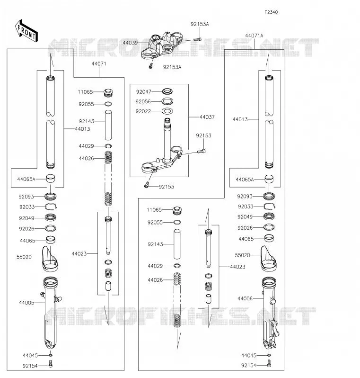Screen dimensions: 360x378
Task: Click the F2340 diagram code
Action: [x=271, y=12]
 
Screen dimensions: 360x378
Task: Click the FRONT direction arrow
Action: [x=26, y=31]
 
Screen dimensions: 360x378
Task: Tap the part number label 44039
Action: [x=130, y=43]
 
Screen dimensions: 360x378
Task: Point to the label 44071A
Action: [x=254, y=36]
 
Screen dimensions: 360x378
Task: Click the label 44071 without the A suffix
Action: [x=99, y=63]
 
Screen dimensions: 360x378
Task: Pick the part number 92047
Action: [x=143, y=91]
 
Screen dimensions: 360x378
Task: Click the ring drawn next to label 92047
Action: [x=167, y=91]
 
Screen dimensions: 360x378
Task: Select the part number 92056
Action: [x=143, y=101]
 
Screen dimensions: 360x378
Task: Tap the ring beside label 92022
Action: [x=167, y=111]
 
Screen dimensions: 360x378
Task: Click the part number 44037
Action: [x=207, y=117]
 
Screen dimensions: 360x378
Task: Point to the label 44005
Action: [x=26, y=303]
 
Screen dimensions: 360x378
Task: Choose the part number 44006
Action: [x=245, y=298]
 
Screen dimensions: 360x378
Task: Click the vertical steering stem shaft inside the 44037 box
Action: [x=167, y=140]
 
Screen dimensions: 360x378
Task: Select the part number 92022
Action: [x=143, y=111]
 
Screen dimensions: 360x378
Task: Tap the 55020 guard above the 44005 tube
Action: [x=50, y=259]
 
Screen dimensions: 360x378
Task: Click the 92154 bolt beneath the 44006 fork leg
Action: [x=269, y=363]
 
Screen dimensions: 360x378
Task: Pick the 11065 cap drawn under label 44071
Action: [x=108, y=93]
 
